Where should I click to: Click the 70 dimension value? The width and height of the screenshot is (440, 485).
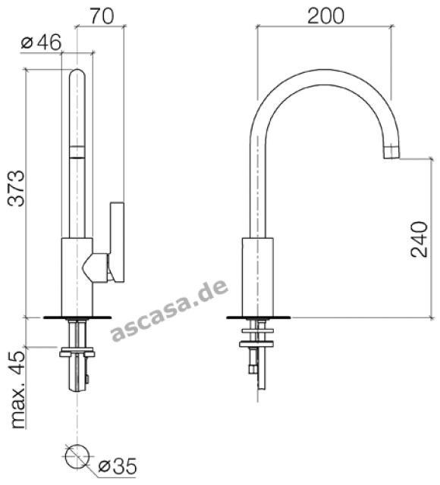coord(102,16)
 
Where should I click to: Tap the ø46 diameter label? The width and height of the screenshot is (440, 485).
coord(41,42)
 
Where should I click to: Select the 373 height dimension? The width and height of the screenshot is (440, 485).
coord(16,188)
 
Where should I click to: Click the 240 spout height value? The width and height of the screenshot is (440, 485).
coord(419,239)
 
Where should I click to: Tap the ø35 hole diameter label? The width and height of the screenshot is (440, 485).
coord(117,466)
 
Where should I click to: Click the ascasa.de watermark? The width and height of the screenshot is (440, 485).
coord(170,310)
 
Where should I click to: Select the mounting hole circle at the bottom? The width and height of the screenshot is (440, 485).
coord(77,456)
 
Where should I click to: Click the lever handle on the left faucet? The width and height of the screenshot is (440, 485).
coord(118,242)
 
